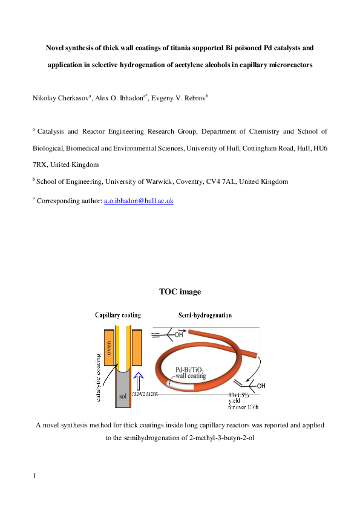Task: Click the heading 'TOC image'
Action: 180,291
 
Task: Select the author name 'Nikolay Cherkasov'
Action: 59,97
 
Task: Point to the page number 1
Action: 34,476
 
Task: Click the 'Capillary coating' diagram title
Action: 118,315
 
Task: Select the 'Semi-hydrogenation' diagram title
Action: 205,315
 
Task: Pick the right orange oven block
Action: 137,348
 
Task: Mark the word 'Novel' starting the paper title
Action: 57,47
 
